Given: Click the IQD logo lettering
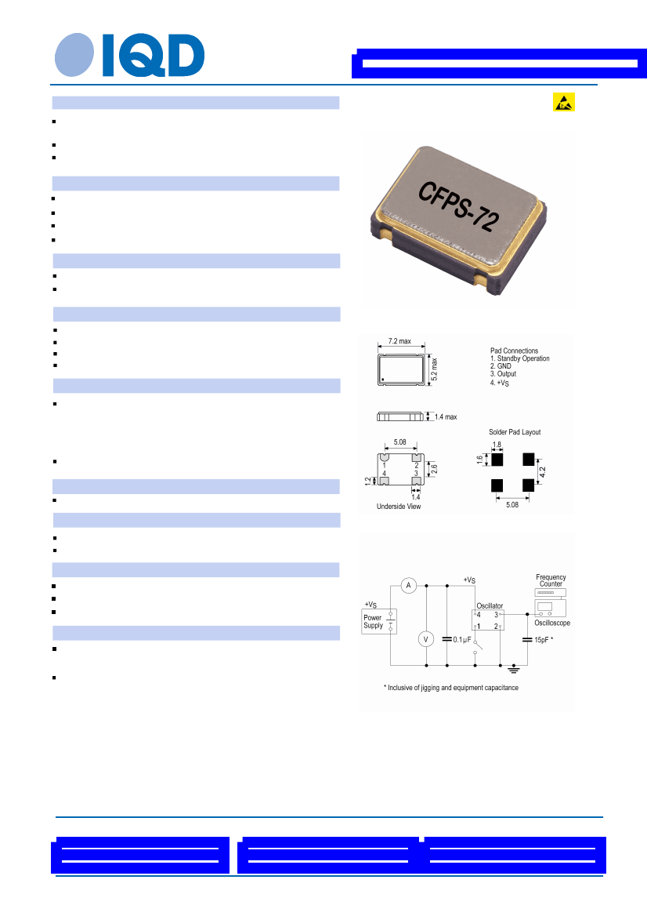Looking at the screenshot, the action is pos(154,55).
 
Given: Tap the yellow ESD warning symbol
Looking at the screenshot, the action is pos(563,102).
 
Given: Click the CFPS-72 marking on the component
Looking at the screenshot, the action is pos(458,207).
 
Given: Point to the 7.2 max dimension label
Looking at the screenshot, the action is pos(399,341).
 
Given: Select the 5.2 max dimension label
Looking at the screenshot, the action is pos(434,370).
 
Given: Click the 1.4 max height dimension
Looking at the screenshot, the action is pos(446,416).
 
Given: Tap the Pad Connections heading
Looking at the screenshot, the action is pos(514,351).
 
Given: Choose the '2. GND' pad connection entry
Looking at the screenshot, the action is pos(501,365).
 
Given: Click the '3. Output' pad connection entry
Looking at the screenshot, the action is pos(503,374).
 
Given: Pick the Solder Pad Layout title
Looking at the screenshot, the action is pos(515,432).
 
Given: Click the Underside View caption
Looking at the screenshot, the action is pos(399,507).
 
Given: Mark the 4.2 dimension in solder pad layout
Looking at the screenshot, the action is pos(543,472).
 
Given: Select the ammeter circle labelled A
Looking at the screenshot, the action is pos(408,585).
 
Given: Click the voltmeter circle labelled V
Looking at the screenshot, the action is pos(426,639).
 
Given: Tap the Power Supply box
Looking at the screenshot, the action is pos(379,622).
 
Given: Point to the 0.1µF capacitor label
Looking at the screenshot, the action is pos(462,640).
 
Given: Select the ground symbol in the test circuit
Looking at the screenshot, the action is pos(513,669).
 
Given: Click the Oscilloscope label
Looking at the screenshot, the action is pos(552,623).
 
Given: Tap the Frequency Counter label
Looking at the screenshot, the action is pos(551,580).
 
